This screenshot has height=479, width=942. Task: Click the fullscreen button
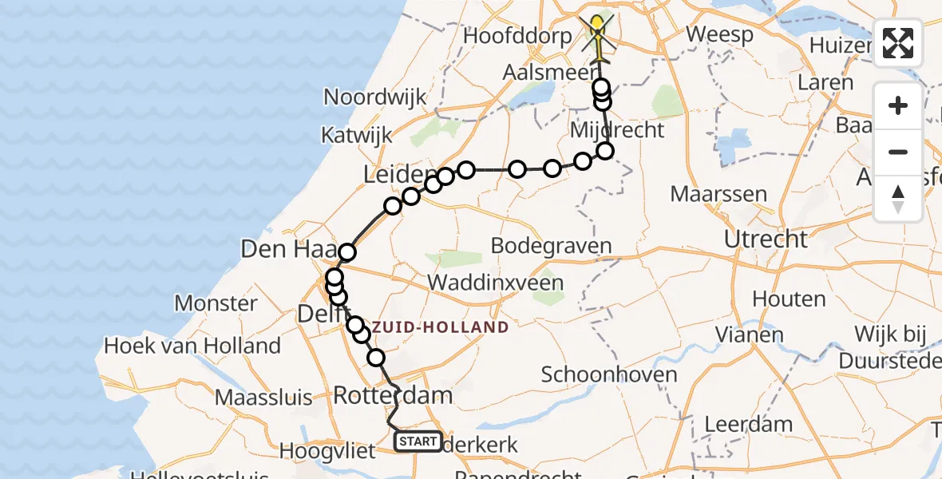[898, 43]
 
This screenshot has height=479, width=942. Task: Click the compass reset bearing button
[898, 199]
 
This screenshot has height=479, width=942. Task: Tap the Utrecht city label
[765, 239]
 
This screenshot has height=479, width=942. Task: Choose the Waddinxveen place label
[495, 283]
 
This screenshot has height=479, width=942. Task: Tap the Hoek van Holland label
[192, 346]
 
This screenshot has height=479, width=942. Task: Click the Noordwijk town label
[374, 97]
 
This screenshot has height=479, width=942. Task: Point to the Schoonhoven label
[609, 374]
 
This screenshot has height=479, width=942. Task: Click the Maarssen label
[718, 194]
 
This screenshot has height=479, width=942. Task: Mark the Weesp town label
[719, 35]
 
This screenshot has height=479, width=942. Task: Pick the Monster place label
[216, 303]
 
